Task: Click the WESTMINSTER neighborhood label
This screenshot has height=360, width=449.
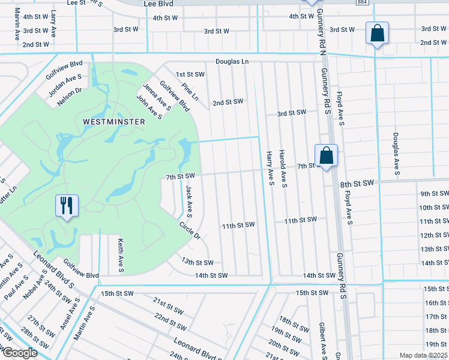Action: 114,122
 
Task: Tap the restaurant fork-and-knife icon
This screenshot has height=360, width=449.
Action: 66,206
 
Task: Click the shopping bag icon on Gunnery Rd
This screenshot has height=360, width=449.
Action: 326,156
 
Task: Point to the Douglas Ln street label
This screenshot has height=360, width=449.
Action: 232,62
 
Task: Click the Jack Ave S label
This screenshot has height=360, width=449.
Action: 189,200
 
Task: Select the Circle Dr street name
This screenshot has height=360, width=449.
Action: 190,230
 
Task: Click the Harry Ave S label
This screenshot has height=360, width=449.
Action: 271,167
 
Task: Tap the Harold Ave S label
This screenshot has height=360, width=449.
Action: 284,167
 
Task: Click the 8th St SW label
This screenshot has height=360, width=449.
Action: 357,182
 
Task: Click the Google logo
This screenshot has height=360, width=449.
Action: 19,353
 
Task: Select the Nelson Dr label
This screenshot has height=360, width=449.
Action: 69,97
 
